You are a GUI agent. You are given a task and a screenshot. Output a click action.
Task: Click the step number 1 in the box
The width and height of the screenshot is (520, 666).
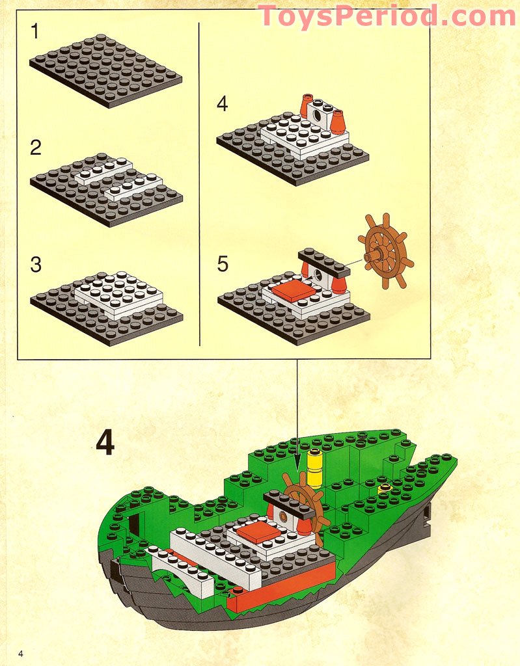[x=34, y=31]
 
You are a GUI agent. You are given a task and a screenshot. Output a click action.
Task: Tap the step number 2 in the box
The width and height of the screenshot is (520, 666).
[x=35, y=148]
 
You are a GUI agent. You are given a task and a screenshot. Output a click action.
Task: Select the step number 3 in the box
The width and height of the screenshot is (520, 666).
[x=35, y=265]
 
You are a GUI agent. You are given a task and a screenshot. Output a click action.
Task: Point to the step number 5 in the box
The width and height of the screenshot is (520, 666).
[x=223, y=264]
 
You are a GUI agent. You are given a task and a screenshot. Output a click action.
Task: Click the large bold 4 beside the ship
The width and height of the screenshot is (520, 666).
[x=105, y=444]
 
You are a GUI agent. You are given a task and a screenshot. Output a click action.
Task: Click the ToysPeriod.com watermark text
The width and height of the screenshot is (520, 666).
[x=387, y=16]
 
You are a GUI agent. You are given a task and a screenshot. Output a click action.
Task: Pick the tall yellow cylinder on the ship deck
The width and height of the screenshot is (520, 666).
[x=315, y=468]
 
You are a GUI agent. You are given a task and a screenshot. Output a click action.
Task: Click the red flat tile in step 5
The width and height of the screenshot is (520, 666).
[x=293, y=291]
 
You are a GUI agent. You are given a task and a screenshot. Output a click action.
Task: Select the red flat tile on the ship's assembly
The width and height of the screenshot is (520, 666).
[x=259, y=532]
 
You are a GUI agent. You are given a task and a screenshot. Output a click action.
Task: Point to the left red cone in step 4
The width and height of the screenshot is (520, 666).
[x=306, y=106]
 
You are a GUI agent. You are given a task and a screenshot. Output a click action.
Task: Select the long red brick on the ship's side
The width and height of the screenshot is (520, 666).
[x=280, y=585]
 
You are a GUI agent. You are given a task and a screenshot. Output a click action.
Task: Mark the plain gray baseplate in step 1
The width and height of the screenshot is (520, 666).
[x=104, y=70]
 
